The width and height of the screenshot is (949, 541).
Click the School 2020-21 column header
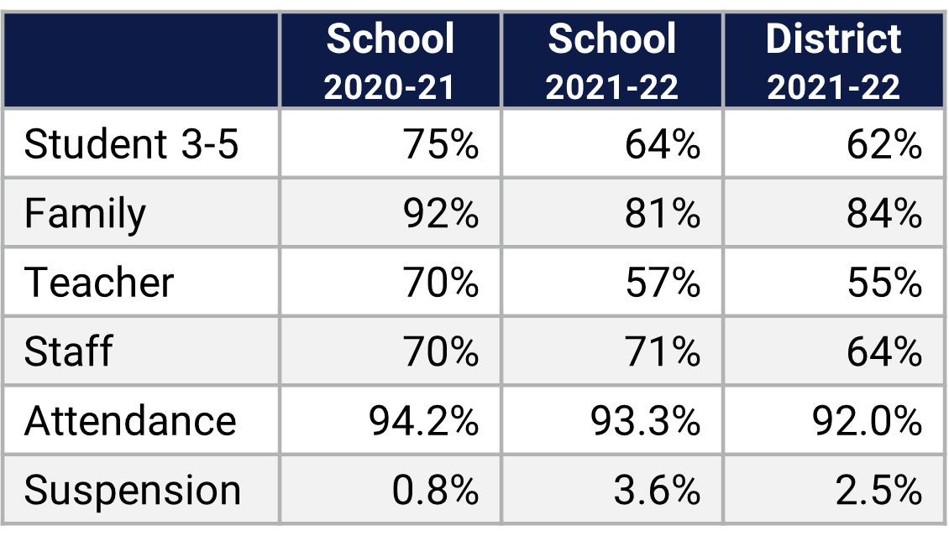(x=390, y=62)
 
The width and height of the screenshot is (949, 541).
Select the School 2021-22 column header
(x=611, y=62)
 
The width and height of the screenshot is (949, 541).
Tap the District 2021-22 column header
(x=833, y=62)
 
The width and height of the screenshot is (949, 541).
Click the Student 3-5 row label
(x=132, y=144)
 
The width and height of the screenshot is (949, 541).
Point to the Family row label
(x=85, y=213)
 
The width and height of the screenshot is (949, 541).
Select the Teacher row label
(x=99, y=282)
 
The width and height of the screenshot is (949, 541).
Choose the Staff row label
(x=68, y=351)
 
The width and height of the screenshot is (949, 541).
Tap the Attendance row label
(x=130, y=420)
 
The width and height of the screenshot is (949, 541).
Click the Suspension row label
(x=133, y=490)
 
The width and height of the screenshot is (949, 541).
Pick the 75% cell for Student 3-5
(x=440, y=144)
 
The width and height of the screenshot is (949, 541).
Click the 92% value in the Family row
(x=440, y=213)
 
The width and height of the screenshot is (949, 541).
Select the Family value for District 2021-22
(x=883, y=213)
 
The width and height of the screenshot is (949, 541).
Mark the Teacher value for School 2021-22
(x=662, y=282)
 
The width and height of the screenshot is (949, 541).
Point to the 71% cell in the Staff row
(x=662, y=351)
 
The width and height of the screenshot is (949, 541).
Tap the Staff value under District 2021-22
(x=883, y=351)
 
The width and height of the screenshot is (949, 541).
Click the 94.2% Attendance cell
(x=423, y=420)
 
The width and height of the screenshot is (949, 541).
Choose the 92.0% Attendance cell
(x=867, y=420)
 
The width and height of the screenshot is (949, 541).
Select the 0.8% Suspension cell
(x=435, y=490)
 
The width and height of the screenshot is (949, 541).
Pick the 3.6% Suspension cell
(x=657, y=490)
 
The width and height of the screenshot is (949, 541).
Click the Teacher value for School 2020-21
(x=440, y=282)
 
